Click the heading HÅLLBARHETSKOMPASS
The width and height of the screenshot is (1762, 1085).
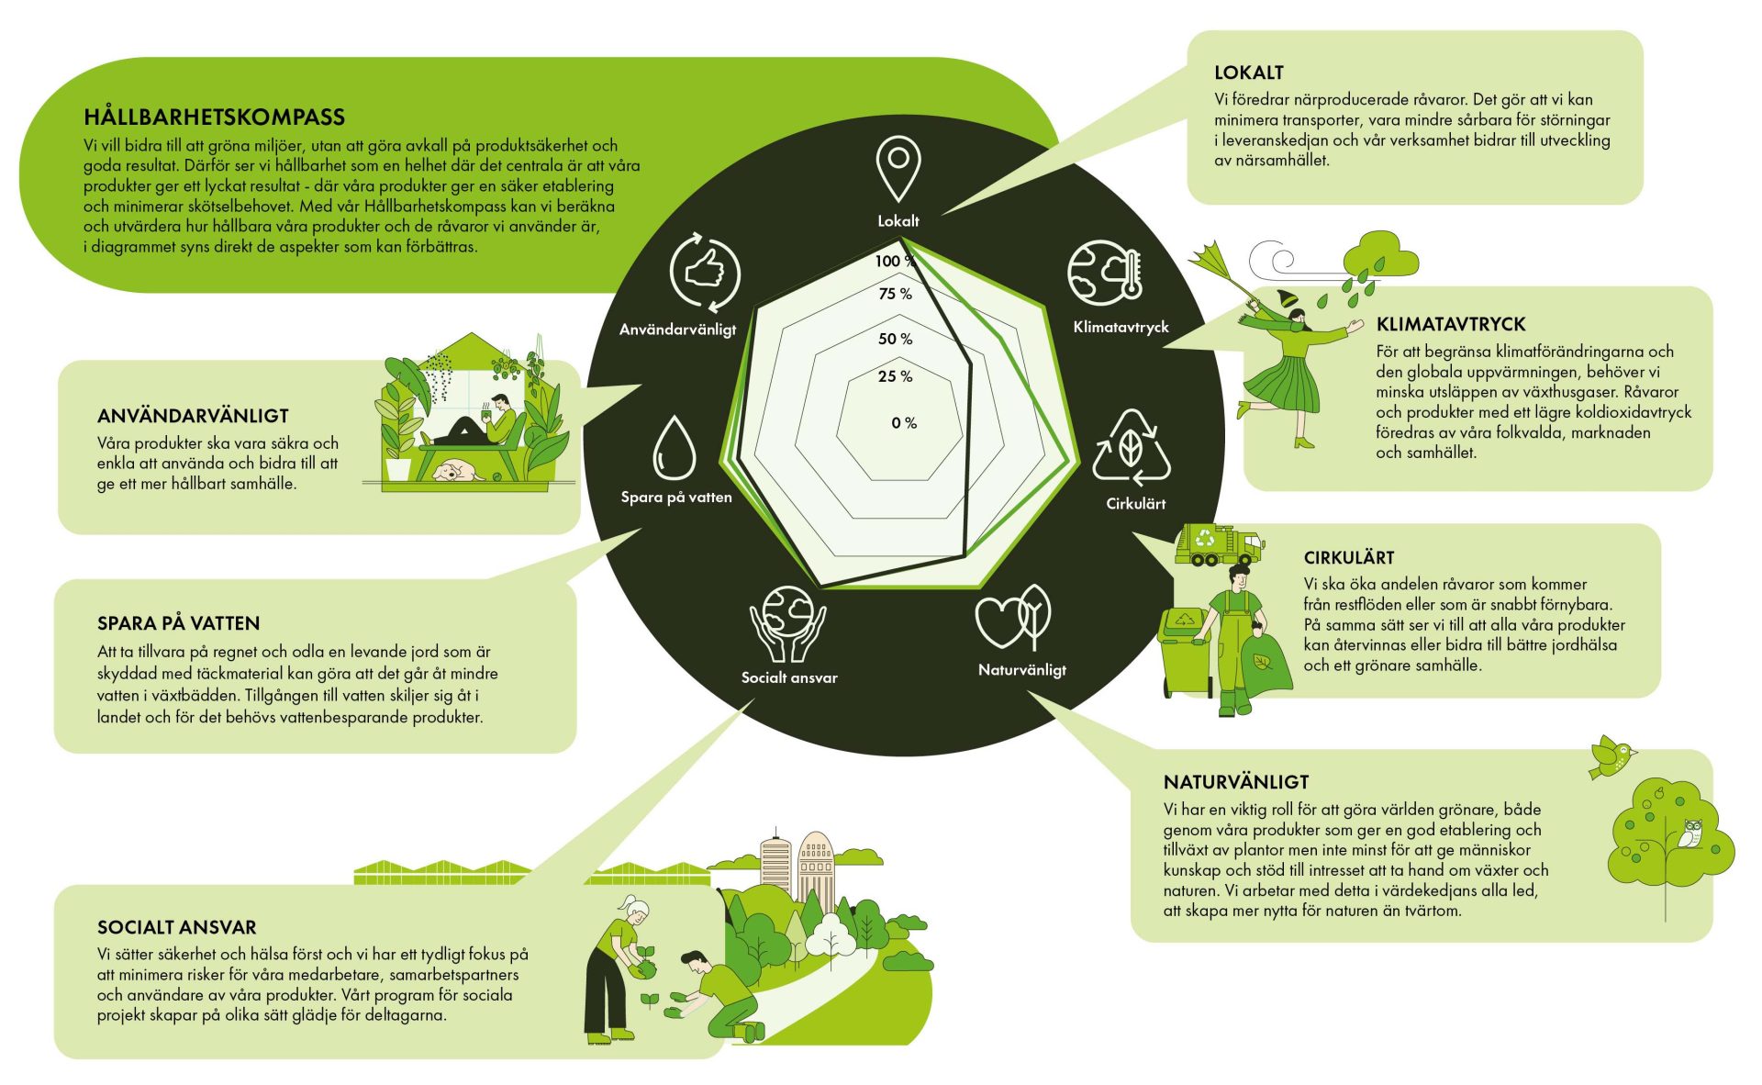[214, 117]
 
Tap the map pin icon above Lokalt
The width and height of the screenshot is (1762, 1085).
[898, 167]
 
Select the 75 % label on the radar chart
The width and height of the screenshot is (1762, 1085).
[895, 294]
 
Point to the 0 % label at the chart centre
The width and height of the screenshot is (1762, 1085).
[904, 423]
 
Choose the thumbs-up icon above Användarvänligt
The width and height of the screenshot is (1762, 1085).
[704, 273]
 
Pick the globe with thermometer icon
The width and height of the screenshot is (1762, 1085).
[1105, 273]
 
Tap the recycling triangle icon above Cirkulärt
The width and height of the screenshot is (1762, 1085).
[1132, 447]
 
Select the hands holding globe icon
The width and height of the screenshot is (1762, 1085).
[787, 624]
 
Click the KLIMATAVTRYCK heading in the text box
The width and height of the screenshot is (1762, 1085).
[1451, 324]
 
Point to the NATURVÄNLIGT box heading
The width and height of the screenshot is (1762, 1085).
[1236, 782]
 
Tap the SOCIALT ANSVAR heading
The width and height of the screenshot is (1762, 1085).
[177, 927]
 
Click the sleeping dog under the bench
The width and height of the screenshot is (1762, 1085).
[458, 472]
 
